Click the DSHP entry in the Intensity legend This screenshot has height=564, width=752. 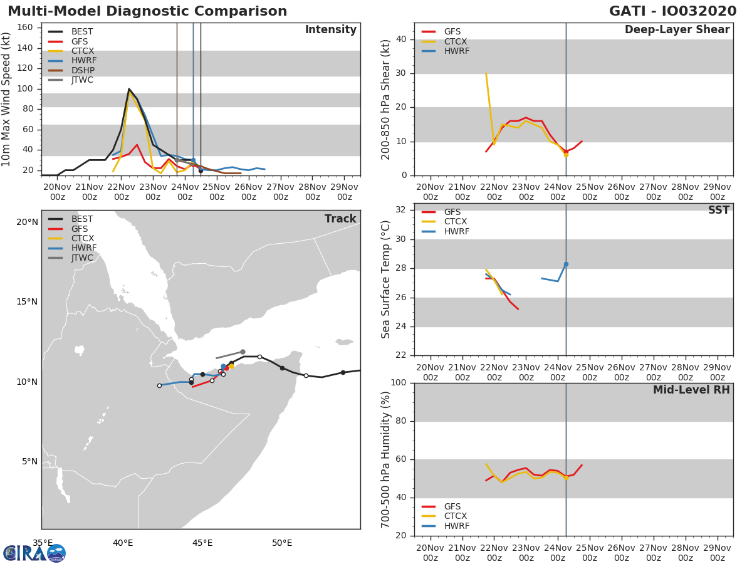click(x=81, y=70)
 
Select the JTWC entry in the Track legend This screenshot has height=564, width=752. click(x=82, y=258)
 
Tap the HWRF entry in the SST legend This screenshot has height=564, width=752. click(x=456, y=231)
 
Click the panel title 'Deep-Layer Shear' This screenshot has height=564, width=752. click(x=677, y=30)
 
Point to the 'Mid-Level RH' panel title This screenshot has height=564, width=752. click(x=691, y=390)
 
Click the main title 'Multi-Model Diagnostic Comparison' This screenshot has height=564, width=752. click(x=147, y=11)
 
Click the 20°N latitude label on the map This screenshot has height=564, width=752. click(x=27, y=222)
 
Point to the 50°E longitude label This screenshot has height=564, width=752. click(x=282, y=543)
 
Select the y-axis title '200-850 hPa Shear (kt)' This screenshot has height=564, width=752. click(x=387, y=99)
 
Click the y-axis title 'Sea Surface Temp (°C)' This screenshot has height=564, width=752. click(x=387, y=279)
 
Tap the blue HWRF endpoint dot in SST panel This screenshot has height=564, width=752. click(x=566, y=264)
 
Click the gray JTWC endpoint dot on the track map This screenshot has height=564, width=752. click(x=243, y=352)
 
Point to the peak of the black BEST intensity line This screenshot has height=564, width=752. click(x=129, y=89)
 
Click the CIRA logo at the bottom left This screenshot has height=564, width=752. click(x=34, y=553)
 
